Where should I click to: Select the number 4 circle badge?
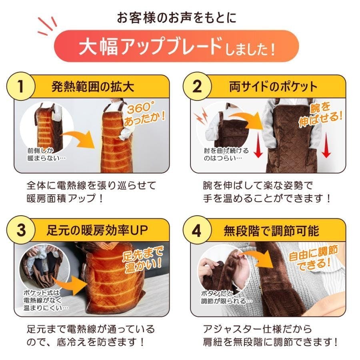197,231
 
